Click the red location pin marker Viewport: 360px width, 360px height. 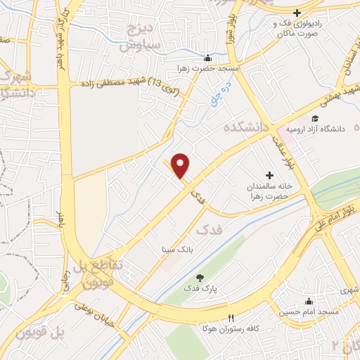[x=181, y=165]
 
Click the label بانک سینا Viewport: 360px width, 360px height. [x=177, y=249]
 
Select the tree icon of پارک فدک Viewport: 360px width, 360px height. [x=199, y=277]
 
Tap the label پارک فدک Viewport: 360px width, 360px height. [x=202, y=288]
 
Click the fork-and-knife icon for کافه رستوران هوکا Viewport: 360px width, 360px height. [x=229, y=318]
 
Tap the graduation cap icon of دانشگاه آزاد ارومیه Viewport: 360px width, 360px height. [x=315, y=117]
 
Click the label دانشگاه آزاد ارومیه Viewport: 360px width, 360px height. [x=323, y=129]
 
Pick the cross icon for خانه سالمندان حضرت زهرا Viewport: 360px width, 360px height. [x=268, y=174]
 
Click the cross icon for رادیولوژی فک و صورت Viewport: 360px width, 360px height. [x=297, y=13]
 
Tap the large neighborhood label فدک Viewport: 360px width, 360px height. [x=208, y=230]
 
